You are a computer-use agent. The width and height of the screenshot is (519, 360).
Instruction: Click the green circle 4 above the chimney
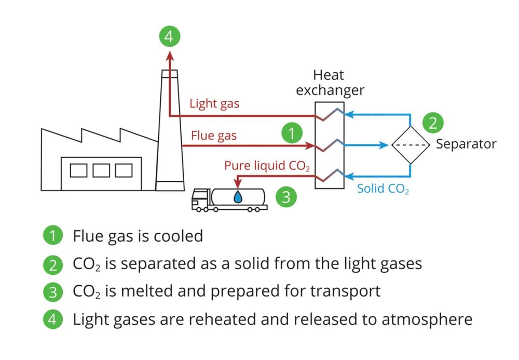(170, 36)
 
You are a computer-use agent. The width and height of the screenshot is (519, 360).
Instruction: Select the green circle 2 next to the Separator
(433, 123)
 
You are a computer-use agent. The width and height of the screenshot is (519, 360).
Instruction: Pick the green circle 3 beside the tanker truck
(285, 197)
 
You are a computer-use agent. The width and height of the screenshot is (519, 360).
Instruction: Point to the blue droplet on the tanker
(238, 197)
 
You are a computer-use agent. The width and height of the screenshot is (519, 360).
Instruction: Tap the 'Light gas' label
(214, 103)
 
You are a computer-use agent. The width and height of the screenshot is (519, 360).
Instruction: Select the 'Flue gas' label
(214, 136)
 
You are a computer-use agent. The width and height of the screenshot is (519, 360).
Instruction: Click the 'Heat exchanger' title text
(330, 83)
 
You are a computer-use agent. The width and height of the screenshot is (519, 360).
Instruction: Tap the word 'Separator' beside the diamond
(466, 144)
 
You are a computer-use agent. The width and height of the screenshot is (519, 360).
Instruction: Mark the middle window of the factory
(101, 170)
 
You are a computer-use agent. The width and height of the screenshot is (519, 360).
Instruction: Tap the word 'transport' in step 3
(345, 290)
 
